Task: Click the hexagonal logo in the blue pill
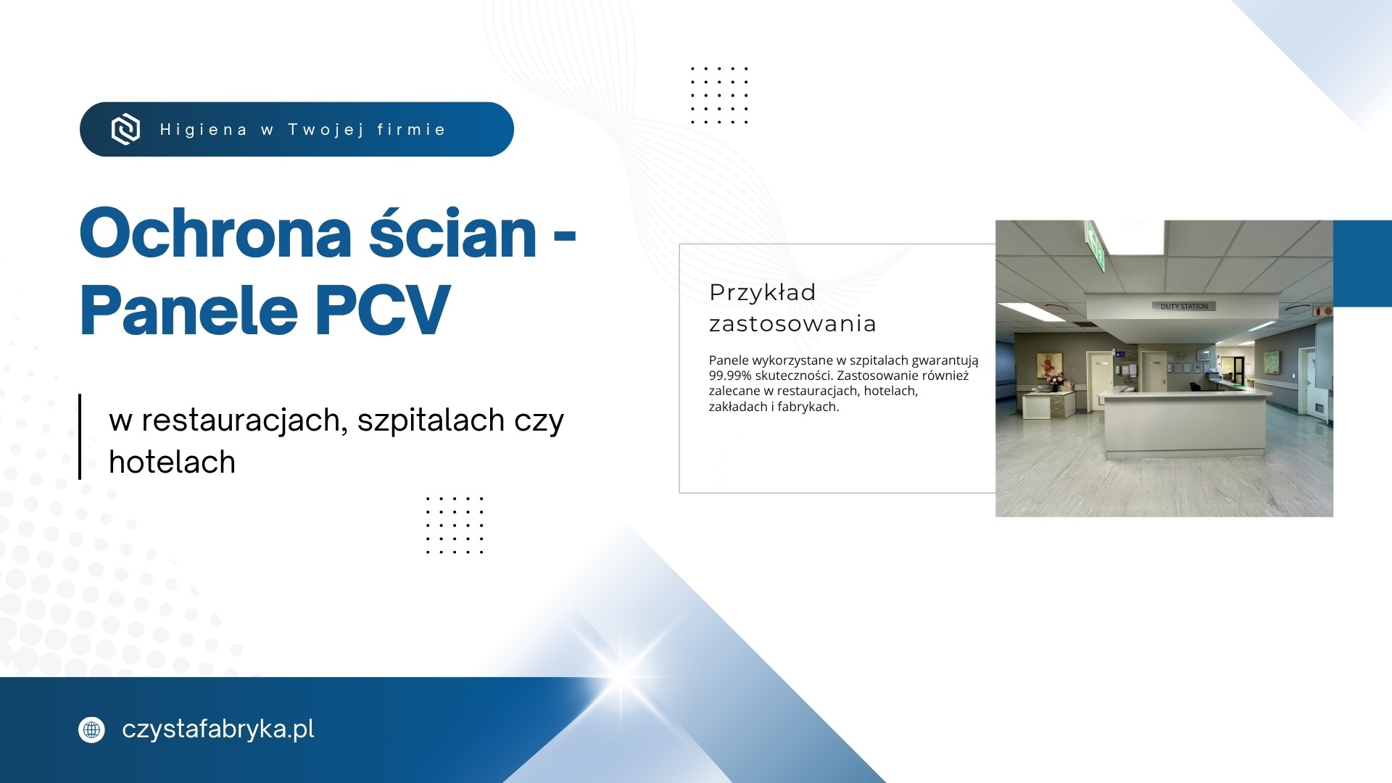(x=125, y=129)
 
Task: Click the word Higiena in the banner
(x=204, y=130)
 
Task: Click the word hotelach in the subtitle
(x=173, y=462)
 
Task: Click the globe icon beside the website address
(x=91, y=729)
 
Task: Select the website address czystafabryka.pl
(x=218, y=729)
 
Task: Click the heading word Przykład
(x=763, y=292)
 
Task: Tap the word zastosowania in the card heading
(x=792, y=323)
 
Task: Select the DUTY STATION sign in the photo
(x=1184, y=306)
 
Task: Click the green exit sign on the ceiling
(x=1095, y=246)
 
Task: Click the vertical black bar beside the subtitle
(x=80, y=436)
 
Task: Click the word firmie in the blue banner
(x=411, y=130)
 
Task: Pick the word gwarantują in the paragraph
(x=945, y=360)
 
